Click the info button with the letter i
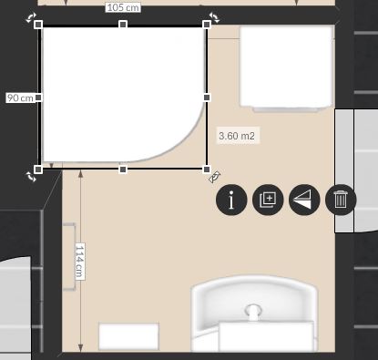pyautogui.click(x=231, y=200)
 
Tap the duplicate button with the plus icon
pyautogui.click(x=268, y=200)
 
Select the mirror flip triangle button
pyautogui.click(x=304, y=200)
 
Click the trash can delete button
pyautogui.click(x=341, y=200)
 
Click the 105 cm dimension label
pyautogui.click(x=123, y=7)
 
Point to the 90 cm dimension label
pyautogui.click(x=20, y=98)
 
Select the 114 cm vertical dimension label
pyautogui.click(x=79, y=262)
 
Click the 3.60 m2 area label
pyautogui.click(x=237, y=136)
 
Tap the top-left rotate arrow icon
pyautogui.click(x=31, y=17)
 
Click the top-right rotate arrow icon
pyautogui.click(x=214, y=17)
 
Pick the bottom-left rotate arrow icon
pyautogui.click(x=31, y=177)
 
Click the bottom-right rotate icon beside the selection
pyautogui.click(x=215, y=177)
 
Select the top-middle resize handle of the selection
pyautogui.click(x=123, y=25)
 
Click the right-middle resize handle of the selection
pyautogui.click(x=207, y=98)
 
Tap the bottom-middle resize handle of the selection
pyautogui.click(x=123, y=170)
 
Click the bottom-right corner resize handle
pyautogui.click(x=207, y=170)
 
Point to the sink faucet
pyautogui.click(x=253, y=313)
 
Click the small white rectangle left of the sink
pyautogui.click(x=128, y=336)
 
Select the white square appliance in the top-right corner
pyautogui.click(x=286, y=67)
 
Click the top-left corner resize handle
pyautogui.click(x=38, y=25)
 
